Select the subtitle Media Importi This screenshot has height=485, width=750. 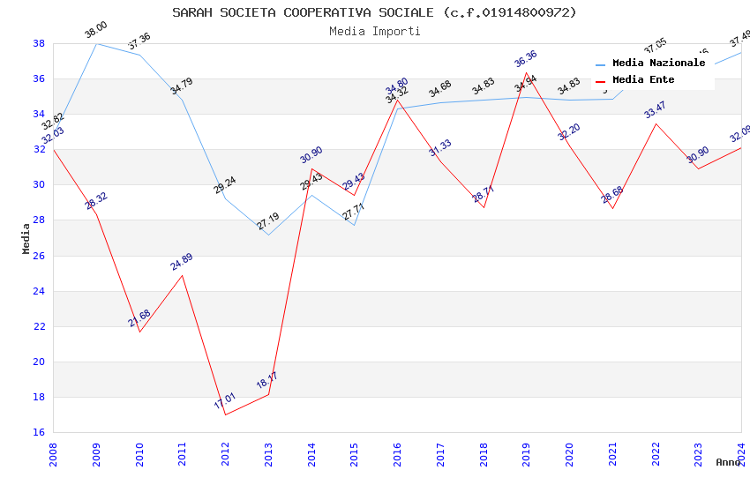point(374,31)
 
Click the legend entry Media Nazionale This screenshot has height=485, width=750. point(658,63)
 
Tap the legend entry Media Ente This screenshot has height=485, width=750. point(643,80)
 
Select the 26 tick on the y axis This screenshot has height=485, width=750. point(39,256)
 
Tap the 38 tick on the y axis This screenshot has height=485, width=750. point(39,43)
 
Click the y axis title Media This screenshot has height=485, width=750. point(26,238)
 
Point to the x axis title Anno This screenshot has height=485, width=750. point(728,462)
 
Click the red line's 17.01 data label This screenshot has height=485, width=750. point(226,402)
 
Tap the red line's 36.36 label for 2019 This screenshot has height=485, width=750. point(526,59)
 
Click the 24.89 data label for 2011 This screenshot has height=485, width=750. point(182,262)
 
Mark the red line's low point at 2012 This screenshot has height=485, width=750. point(225,414)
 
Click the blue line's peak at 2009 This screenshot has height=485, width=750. point(96,43)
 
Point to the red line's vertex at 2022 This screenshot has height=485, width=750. point(656,123)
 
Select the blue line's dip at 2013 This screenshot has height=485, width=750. point(268,235)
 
